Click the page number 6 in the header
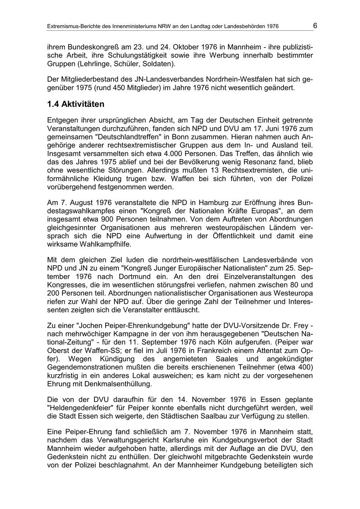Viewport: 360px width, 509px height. pyautogui.click(x=315, y=26)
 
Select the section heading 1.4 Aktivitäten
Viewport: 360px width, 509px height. pyautogui.click(x=76, y=104)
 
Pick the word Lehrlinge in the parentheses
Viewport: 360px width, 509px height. pyautogui.click(x=96, y=63)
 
